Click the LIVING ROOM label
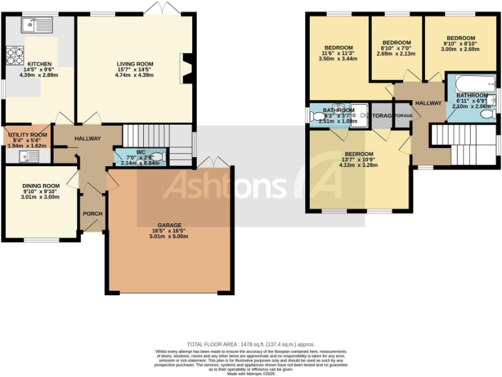coord(134,63)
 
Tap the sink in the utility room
coord(28,156)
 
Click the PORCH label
coord(92,214)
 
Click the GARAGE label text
coord(169,224)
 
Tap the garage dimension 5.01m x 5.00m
coord(169,236)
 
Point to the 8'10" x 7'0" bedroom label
coord(396,42)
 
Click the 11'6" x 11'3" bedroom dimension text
coord(339,53)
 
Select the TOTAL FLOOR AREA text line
coord(250,344)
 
